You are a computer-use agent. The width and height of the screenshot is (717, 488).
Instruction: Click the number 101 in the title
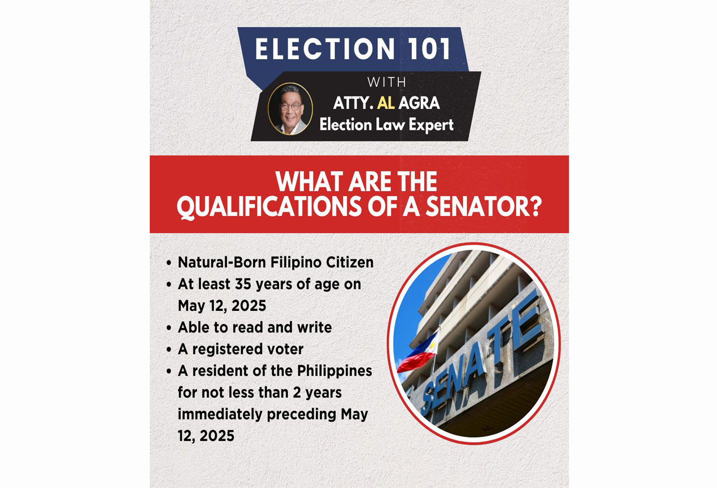427,49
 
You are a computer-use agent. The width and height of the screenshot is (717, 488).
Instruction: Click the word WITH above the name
387,82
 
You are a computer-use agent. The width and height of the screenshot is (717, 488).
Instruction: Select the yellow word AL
386,103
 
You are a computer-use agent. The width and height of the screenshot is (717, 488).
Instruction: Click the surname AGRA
419,103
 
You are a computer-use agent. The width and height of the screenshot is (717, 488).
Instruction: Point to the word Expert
431,125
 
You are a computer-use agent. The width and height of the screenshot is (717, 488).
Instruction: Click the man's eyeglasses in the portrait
290,106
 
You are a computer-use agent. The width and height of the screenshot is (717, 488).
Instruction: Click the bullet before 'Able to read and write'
169,328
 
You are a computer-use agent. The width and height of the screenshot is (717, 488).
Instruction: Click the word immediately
221,414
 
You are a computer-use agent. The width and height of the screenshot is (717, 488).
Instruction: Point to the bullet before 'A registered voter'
169,350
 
